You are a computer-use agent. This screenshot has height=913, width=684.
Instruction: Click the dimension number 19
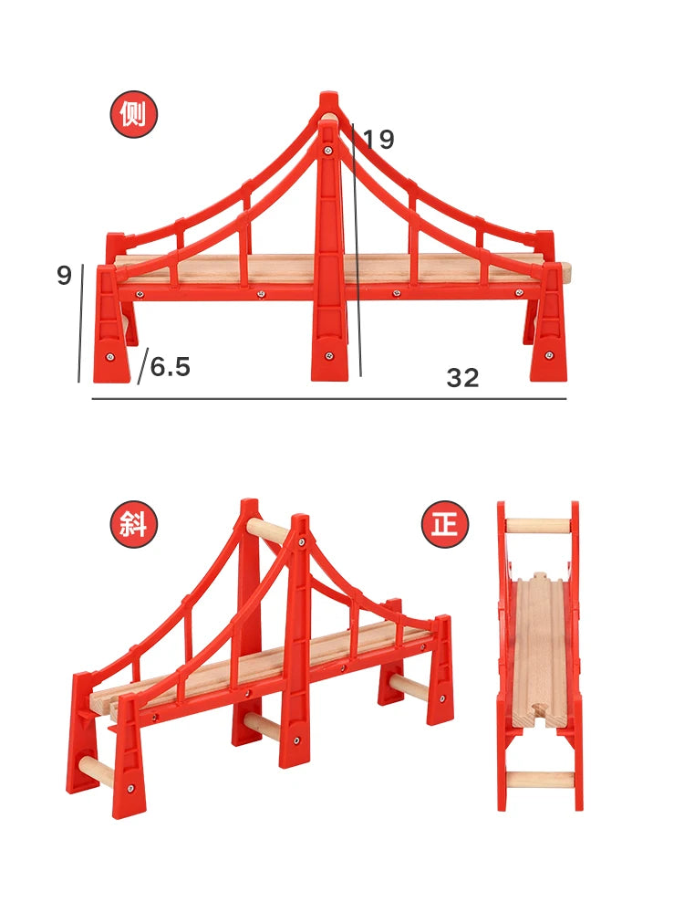pos(378,139)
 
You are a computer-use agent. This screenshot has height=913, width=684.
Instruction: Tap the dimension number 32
pos(463,378)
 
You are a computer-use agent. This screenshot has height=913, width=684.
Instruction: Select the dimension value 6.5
pos(171,367)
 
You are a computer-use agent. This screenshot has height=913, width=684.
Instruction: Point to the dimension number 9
pos(64,275)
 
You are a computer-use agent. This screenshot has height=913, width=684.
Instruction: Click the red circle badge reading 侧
pos(134,114)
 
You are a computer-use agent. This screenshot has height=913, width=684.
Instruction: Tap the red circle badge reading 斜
pos(134,524)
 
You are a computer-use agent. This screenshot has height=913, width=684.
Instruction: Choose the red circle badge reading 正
pos(445,524)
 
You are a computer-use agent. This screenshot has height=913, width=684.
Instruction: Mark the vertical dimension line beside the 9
pos(81,323)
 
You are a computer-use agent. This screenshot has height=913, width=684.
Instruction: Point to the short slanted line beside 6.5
pos(143,366)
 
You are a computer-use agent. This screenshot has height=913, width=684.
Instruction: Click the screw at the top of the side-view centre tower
pos(328,151)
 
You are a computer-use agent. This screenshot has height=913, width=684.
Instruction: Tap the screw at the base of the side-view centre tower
pos(329,356)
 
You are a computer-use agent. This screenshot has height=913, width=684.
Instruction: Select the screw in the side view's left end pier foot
pos(110,357)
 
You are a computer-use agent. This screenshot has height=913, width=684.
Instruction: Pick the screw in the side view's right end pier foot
pos(548,355)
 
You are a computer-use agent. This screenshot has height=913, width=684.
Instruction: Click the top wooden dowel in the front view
pos(538,525)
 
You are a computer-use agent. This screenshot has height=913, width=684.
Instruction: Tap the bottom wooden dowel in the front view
pos(540,780)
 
